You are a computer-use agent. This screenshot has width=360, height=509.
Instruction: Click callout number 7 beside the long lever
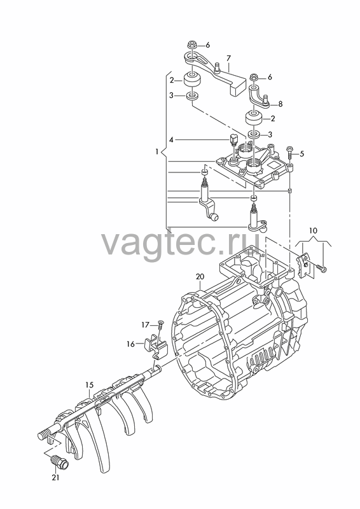228,59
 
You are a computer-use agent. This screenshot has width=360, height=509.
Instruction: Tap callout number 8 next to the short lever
280,104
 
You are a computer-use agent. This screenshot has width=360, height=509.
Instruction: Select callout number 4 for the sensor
171,140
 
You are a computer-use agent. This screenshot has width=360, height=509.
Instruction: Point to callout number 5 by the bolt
302,154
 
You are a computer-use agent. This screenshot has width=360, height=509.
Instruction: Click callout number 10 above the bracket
314,231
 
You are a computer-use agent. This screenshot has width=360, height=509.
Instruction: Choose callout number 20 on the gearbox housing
200,277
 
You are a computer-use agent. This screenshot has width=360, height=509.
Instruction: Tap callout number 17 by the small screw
145,324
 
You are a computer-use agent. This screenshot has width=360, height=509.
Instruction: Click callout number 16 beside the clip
130,344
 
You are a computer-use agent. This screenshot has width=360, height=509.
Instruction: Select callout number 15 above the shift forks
89,385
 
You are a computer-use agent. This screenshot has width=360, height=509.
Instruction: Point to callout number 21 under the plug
55,478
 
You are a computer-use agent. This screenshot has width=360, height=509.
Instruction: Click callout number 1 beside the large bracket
157,151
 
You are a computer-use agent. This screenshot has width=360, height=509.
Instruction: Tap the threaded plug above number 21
59,462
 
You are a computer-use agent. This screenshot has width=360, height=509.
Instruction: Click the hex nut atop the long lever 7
191,45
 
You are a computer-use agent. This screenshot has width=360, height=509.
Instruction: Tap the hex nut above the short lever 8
254,78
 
